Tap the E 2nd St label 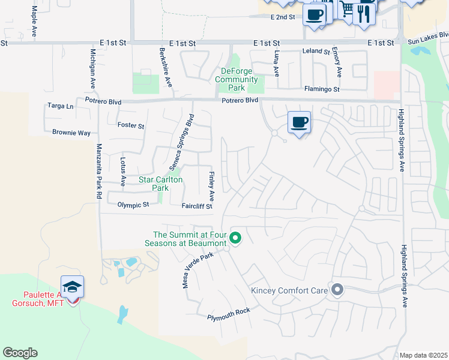(283, 17)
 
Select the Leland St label (312, 51)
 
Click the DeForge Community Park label (236, 75)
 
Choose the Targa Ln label (60, 106)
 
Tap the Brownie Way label (71, 133)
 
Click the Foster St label (131, 126)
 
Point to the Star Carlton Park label (160, 184)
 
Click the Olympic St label (133, 205)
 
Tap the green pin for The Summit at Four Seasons (236, 238)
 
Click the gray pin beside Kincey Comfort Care (337, 290)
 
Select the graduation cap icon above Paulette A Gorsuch (72, 287)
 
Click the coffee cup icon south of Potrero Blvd (299, 122)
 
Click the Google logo (20, 353)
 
